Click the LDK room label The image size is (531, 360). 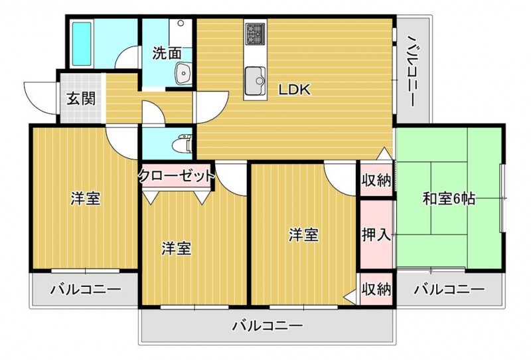(295, 90)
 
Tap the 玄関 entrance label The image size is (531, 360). (80, 99)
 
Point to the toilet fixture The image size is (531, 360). (181, 143)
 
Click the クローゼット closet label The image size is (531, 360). (177, 176)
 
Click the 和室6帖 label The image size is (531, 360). (449, 198)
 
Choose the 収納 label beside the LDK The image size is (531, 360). (376, 180)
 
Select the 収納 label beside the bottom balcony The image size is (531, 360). (376, 290)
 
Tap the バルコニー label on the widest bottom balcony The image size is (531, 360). (267, 326)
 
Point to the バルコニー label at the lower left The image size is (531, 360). (85, 290)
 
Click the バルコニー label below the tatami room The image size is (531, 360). (448, 290)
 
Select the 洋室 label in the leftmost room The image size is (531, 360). (86, 198)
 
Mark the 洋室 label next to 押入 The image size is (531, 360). (303, 234)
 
